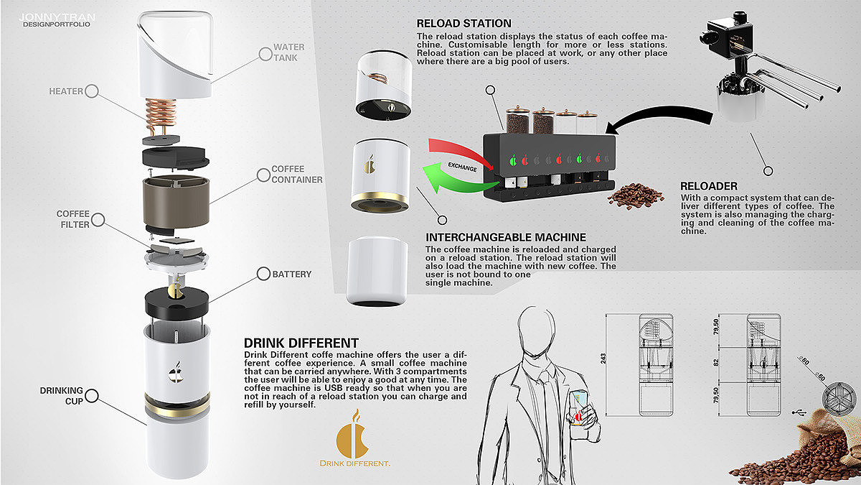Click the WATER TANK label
289,52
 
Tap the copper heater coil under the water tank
161,114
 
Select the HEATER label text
66,91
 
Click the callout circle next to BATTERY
264,274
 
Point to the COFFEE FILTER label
73,219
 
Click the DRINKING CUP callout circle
92,396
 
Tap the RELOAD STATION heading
464,24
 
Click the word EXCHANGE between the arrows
462,167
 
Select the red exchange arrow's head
488,165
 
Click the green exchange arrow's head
433,177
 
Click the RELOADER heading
709,186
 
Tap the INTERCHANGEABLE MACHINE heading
506,237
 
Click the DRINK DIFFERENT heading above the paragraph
301,343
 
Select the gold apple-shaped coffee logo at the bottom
353,434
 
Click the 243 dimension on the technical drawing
603,359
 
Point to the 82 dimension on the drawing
716,363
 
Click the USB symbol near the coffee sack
799,412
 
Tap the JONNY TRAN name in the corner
57,17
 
